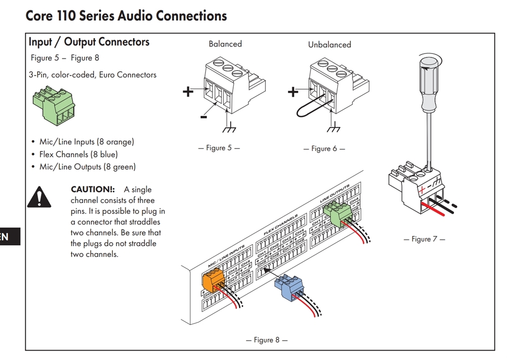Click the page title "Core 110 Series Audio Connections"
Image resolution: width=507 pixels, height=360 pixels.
pyautogui.click(x=126, y=15)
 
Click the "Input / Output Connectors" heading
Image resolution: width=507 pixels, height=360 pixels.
pyautogui.click(x=89, y=42)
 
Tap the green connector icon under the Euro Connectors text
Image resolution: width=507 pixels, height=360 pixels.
pyautogui.click(x=54, y=105)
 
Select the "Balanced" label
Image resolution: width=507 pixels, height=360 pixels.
pyautogui.click(x=225, y=44)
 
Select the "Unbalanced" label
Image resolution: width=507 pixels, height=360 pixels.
pyautogui.click(x=329, y=45)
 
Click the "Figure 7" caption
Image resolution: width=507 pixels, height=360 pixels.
pyautogui.click(x=421, y=239)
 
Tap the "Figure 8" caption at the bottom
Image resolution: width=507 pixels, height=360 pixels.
pyautogui.click(x=266, y=340)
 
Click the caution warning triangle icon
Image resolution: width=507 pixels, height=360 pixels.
pyautogui.click(x=39, y=197)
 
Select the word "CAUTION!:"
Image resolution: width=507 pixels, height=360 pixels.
pyautogui.click(x=93, y=190)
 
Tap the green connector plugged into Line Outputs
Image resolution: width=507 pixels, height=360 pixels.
pyautogui.click(x=337, y=214)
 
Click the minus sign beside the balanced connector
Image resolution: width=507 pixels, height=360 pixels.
pyautogui.click(x=203, y=117)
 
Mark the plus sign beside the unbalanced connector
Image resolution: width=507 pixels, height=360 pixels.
pyautogui.click(x=293, y=92)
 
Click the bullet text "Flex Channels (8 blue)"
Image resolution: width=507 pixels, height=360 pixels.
pyautogui.click(x=78, y=154)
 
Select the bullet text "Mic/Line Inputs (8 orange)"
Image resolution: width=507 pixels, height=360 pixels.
pyautogui.click(x=87, y=142)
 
